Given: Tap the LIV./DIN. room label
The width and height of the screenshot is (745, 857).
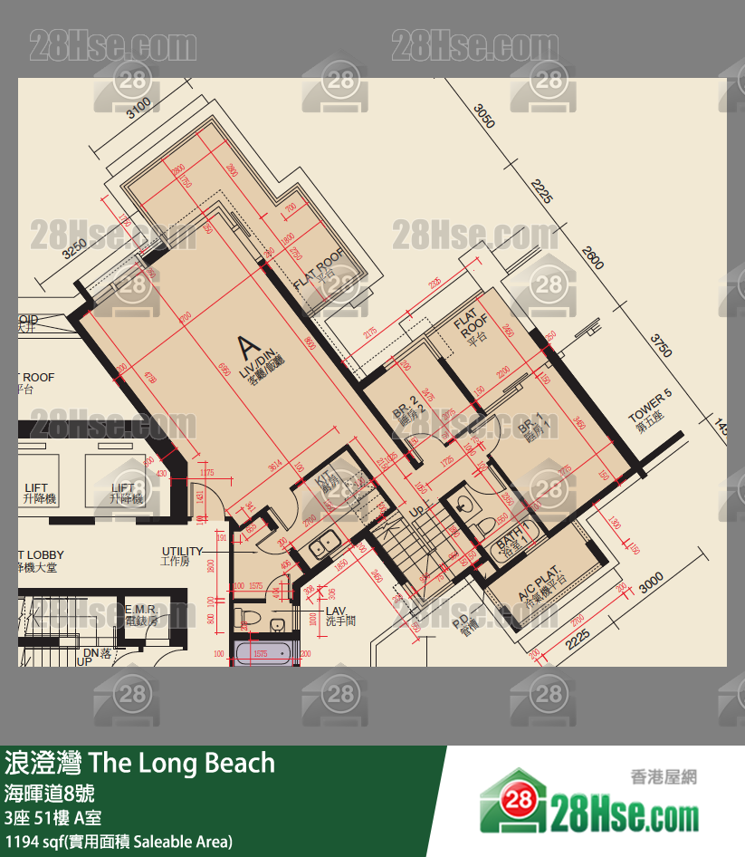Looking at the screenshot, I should [x=263, y=371].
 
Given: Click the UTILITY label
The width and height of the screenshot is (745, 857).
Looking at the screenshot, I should [x=182, y=552].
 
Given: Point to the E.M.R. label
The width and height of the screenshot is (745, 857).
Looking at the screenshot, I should [x=141, y=610].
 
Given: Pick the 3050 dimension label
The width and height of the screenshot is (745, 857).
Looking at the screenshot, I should [x=485, y=116].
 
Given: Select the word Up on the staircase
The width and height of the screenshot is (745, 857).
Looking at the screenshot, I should [x=418, y=511].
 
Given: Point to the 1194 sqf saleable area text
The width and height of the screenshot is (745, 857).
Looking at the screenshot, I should [x=118, y=842].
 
